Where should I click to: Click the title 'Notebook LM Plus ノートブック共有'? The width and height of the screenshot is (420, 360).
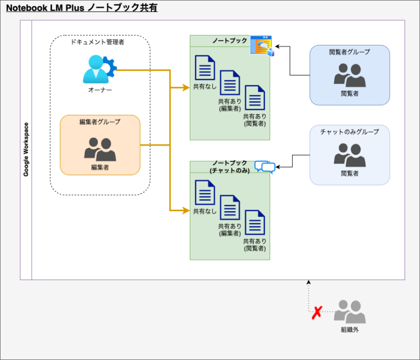(81, 8)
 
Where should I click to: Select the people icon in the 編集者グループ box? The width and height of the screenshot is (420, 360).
(100, 149)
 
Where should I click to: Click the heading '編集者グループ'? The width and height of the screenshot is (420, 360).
(100, 122)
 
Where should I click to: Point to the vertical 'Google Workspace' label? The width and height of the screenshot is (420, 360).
(26, 149)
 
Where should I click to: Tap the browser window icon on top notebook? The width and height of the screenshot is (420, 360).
(261, 45)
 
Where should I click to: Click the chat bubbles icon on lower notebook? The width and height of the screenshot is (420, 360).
(265, 167)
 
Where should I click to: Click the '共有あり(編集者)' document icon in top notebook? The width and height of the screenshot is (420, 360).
(230, 83)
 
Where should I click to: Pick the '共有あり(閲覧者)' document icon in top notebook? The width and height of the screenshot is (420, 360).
(255, 98)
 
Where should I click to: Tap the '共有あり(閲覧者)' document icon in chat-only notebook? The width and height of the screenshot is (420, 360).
(255, 223)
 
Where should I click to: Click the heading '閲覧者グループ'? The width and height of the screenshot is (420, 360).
(349, 52)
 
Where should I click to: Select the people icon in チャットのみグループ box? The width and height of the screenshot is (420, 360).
(349, 155)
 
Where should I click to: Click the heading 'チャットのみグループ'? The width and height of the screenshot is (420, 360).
(349, 132)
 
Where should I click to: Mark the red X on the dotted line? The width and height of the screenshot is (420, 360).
(317, 312)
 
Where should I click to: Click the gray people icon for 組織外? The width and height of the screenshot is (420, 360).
(349, 312)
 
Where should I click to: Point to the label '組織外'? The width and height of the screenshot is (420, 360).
(349, 329)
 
